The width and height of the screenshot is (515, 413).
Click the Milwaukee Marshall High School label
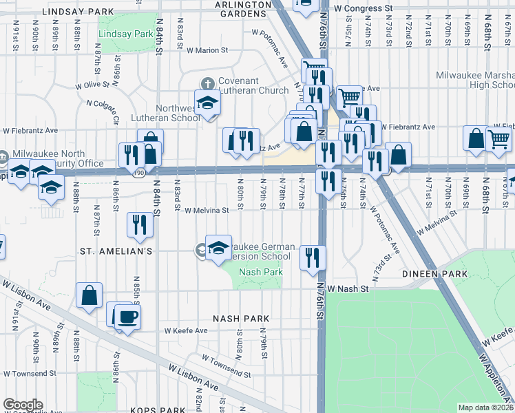(475, 80)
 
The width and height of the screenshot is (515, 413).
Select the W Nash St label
(348, 289)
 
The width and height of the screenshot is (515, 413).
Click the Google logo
(23, 405)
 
